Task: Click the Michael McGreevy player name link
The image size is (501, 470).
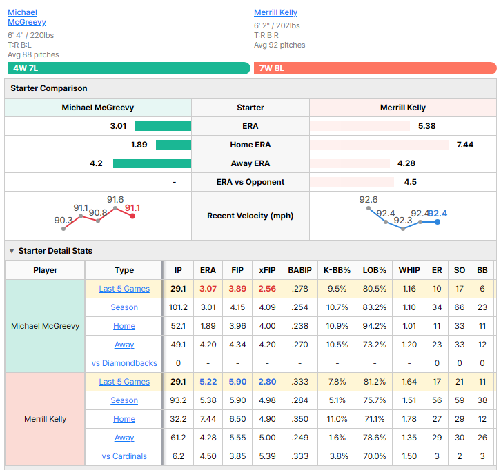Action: [27, 17]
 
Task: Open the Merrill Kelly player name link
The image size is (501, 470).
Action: [275, 12]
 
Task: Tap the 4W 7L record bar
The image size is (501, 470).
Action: [129, 68]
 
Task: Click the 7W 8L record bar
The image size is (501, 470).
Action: [375, 68]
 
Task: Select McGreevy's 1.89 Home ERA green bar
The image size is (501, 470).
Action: [173, 145]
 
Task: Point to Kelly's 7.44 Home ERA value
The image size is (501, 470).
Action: [465, 145]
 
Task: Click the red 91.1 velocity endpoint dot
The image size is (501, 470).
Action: [132, 216]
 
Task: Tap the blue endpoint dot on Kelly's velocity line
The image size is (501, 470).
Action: [438, 222]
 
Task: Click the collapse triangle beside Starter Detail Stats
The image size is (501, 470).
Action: [12, 251]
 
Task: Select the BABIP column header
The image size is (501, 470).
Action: [299, 270]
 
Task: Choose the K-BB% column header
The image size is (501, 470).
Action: [337, 270]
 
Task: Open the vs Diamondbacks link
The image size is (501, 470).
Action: [124, 363]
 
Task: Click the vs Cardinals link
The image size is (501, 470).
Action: [124, 456]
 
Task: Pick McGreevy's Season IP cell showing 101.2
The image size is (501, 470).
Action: [178, 307]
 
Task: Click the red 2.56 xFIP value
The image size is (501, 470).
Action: [267, 289]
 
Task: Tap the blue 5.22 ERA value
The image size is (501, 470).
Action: [208, 382]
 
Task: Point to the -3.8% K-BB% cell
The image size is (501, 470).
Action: [337, 456]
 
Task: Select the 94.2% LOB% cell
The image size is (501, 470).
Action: [375, 326]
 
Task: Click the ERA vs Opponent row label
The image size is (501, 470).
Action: [250, 182]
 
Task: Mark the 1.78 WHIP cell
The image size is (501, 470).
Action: [409, 419]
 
